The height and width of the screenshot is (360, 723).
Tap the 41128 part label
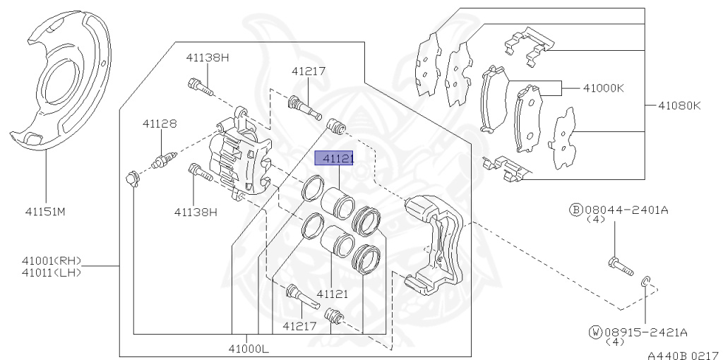(x=159, y=124)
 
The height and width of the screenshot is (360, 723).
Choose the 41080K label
(x=679, y=106)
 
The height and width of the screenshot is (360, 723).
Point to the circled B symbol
(x=575, y=210)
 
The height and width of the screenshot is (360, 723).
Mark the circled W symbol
(x=595, y=331)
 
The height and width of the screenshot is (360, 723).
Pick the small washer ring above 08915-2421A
(x=645, y=282)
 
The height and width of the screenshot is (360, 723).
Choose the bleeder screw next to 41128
(x=162, y=160)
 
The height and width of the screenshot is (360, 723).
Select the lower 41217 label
(x=301, y=325)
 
